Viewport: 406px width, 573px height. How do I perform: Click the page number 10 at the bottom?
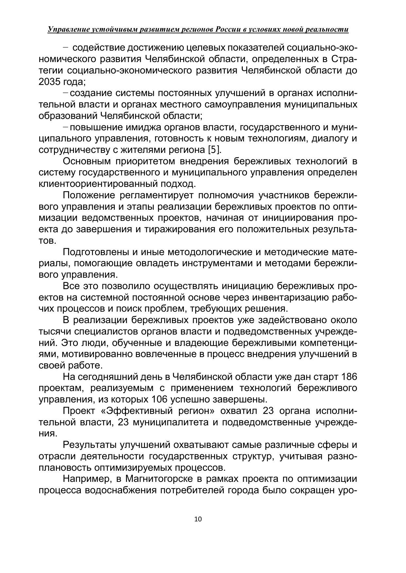click(198, 519)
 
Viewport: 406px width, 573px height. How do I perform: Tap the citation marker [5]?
click(214, 150)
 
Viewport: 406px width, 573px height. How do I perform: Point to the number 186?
click(349, 377)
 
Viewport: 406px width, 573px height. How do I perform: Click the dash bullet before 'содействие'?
click(65, 48)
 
